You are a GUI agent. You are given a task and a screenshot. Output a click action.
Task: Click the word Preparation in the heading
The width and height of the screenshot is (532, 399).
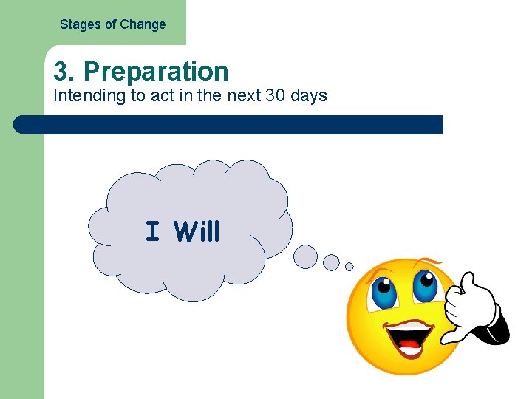pos(156,72)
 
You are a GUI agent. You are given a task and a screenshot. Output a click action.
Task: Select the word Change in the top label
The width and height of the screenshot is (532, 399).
pos(143,24)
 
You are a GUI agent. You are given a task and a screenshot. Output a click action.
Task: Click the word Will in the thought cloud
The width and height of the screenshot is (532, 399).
pos(197,232)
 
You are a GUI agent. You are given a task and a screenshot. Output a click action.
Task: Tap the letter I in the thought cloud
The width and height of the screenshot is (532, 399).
pos(152,232)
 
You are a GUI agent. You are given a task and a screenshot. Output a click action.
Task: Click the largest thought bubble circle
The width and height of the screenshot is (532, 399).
pos(305,256)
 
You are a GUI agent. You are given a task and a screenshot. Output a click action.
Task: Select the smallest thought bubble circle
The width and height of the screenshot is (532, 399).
pos(349,267)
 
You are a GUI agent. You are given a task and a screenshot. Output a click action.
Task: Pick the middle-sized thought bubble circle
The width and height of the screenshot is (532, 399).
pos(332,262)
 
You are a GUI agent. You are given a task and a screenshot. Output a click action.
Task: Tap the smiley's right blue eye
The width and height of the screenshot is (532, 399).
pos(425,282)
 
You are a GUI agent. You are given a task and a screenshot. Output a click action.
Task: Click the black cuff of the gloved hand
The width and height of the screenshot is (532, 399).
pos(494,331)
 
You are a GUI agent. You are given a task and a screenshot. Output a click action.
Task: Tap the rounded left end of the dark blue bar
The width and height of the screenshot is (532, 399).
pos(21,125)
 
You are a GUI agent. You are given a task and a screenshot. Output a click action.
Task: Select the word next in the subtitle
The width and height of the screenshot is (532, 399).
pos(243,96)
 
